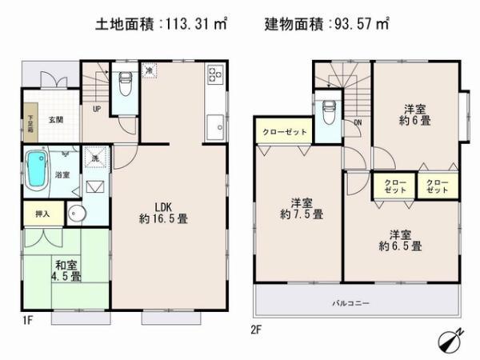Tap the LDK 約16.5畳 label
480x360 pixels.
(163, 210)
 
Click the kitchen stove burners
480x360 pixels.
(216, 75)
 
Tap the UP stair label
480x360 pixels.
(97, 110)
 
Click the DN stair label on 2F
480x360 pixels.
(357, 122)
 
